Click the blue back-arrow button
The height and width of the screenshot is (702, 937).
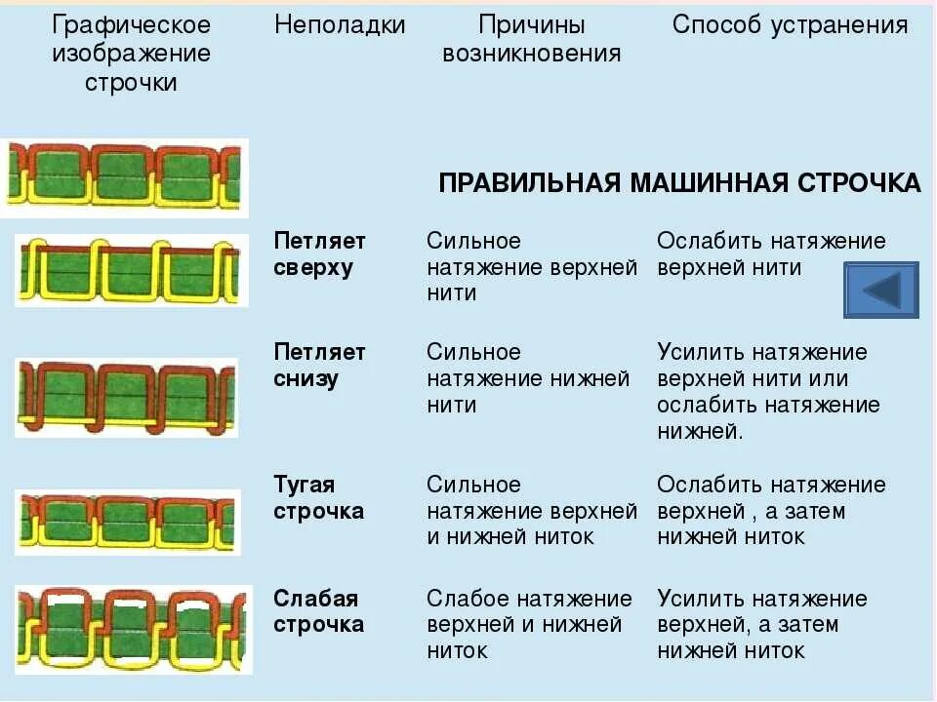pos(881,290)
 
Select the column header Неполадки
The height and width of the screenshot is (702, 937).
pos(340,26)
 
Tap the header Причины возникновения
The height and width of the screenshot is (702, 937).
pos(532,40)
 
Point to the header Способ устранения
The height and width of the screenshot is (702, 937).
pos(791,26)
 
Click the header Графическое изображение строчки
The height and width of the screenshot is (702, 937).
pos(131,54)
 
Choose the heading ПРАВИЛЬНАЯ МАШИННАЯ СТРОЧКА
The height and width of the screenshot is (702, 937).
pos(679,183)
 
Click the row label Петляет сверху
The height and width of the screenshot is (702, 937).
pos(319,254)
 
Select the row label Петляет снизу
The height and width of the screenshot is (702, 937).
pos(319,366)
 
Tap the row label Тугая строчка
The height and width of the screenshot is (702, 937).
pos(318,498)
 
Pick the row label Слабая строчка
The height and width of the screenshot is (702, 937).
pos(318,611)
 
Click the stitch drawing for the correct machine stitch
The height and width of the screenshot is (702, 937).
pos(125,176)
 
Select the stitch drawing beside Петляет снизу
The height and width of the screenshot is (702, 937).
pos(126,396)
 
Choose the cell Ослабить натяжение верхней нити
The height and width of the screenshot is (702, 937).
pos(771,254)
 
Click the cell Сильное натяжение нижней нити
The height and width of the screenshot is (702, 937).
pos(528,378)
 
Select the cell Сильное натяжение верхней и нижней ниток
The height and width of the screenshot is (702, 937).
pos(532,511)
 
